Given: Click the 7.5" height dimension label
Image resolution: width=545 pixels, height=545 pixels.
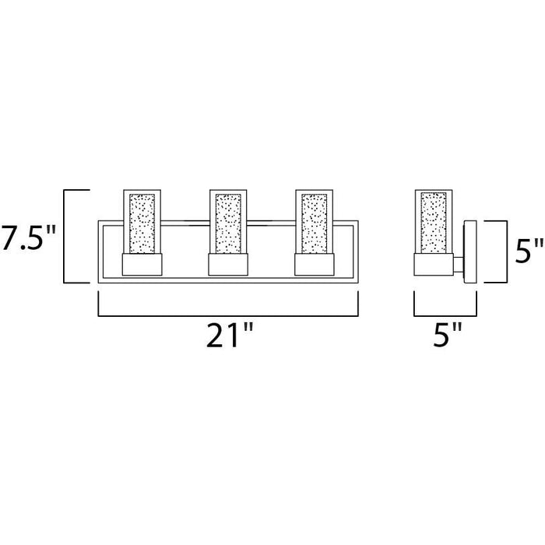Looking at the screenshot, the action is (28, 237).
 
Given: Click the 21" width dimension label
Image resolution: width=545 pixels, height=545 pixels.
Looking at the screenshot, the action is (230, 336).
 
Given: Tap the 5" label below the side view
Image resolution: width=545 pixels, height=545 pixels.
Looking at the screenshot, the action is (448, 336).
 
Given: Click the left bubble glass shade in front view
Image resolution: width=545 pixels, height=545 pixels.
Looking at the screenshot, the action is (142, 222).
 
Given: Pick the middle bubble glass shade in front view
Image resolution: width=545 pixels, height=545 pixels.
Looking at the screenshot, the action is (228, 222).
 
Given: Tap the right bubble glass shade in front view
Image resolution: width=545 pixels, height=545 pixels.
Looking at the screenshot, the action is (315, 222).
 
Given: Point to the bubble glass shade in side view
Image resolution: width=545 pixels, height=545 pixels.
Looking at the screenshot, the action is (434, 222).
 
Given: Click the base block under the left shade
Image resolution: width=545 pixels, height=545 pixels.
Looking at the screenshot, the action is (142, 265).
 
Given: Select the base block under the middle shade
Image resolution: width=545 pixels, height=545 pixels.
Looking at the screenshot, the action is (228, 265).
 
